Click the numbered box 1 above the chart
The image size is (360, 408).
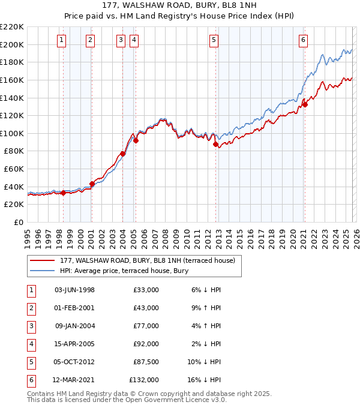(x=62, y=40)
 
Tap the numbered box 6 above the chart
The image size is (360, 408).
(x=304, y=40)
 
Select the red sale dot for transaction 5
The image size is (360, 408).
(x=216, y=144)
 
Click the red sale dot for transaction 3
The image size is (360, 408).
(x=123, y=154)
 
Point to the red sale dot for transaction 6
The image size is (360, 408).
(x=305, y=104)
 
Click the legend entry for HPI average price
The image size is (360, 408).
(x=124, y=271)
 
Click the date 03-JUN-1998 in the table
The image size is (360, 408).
(x=74, y=290)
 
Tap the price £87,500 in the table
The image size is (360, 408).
(x=144, y=362)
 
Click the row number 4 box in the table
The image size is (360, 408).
(x=31, y=344)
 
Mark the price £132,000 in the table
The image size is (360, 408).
(x=144, y=380)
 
